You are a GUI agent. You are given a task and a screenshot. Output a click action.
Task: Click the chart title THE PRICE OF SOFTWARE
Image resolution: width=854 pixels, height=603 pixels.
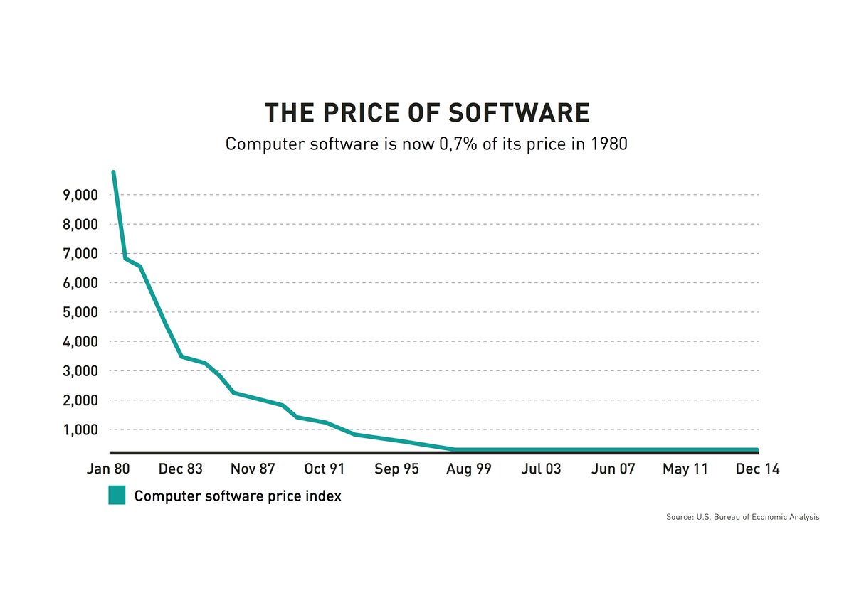pos(426,114)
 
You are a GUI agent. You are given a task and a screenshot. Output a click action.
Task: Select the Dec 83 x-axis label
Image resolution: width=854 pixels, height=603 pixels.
pos(181,469)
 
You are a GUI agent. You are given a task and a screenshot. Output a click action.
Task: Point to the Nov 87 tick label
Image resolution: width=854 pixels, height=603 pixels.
pos(253,469)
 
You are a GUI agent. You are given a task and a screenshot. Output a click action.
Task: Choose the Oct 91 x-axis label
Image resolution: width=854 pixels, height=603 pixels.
pos(324,469)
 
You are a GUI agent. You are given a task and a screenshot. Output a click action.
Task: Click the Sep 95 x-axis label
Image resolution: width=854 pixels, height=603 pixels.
pos(396,469)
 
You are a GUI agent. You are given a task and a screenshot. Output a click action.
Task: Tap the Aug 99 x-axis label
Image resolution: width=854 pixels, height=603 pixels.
pos(468,469)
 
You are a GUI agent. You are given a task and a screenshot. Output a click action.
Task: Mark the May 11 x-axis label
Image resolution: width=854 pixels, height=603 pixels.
pos(685,469)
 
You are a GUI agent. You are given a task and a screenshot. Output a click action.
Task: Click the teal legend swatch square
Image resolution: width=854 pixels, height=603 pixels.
pos(117,496)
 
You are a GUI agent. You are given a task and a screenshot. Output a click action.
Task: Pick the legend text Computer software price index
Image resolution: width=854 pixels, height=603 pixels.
pos(238,496)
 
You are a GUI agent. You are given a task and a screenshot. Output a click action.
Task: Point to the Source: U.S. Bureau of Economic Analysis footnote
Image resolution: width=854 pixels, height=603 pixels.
pos(742,518)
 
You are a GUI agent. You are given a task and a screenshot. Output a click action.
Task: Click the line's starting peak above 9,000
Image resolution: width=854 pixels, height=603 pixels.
pos(114,172)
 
